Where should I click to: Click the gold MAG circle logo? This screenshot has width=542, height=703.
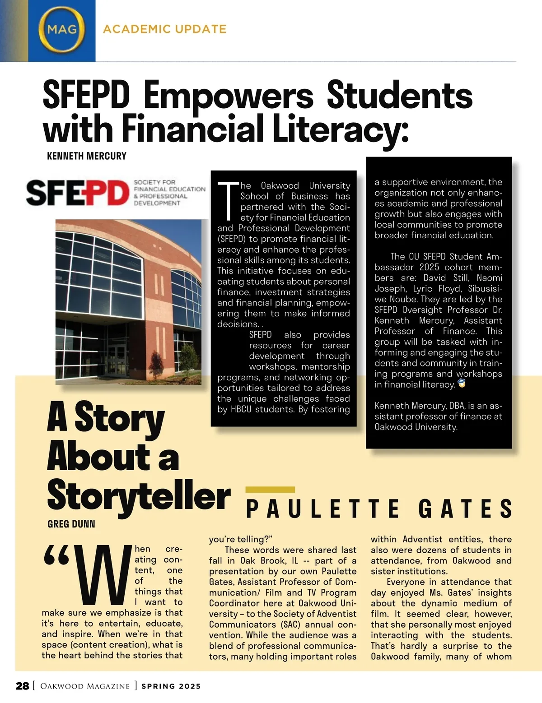pyautogui.click(x=61, y=30)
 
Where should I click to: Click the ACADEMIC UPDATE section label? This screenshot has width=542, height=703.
pyautogui.click(x=165, y=29)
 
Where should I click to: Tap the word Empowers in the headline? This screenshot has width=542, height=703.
pyautogui.click(x=228, y=96)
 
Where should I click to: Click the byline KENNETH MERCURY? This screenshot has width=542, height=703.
pyautogui.click(x=87, y=156)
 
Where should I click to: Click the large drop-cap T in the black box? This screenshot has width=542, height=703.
pyautogui.click(x=228, y=200)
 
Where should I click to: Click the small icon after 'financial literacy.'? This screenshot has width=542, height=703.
pyautogui.click(x=462, y=384)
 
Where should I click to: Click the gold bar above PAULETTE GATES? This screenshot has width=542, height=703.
pyautogui.click(x=270, y=490)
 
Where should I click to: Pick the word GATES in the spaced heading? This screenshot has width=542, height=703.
pyautogui.click(x=465, y=509)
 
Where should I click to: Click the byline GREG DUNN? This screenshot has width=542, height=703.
pyautogui.click(x=71, y=524)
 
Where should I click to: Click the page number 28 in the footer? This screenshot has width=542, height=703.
pyautogui.click(x=23, y=686)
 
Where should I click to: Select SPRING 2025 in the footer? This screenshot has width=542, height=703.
pyautogui.click(x=171, y=686)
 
